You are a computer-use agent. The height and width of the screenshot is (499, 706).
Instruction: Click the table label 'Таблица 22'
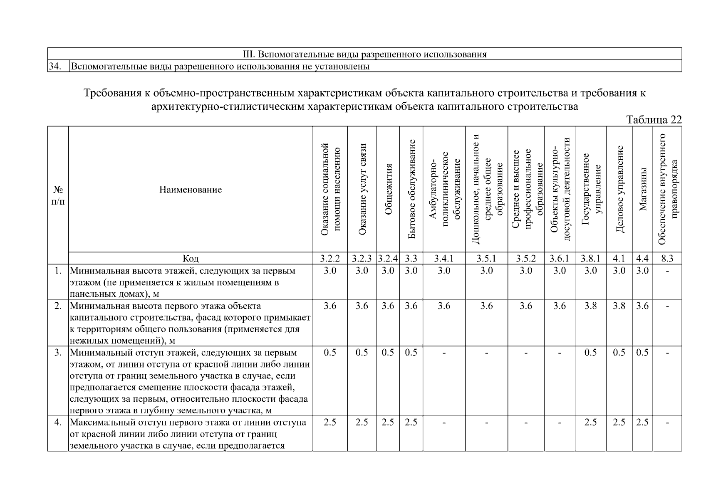[x=654, y=120]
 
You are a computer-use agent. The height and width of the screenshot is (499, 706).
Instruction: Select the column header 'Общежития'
[x=388, y=189]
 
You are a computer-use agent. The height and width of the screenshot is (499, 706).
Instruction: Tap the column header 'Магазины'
[x=643, y=189]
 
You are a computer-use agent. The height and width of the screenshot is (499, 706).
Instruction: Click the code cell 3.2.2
[x=330, y=259]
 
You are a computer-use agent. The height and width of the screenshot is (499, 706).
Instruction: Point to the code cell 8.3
[x=667, y=259]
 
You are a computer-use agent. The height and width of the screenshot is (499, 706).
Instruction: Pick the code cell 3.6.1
[x=560, y=259]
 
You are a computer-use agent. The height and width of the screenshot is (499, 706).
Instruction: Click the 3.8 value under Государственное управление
[x=590, y=306]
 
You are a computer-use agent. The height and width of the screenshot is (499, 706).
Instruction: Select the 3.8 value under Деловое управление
[x=619, y=306]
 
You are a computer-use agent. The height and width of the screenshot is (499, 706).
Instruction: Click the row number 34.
[x=55, y=67]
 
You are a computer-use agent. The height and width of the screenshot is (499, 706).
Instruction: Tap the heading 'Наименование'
[x=191, y=190]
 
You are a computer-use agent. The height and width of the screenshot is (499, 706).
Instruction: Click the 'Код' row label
[x=191, y=259]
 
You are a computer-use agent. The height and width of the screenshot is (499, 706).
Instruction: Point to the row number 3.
[x=58, y=353]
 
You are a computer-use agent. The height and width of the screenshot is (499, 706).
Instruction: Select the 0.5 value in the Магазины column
[x=642, y=353]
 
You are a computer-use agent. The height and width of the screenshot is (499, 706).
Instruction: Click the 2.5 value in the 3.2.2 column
[x=330, y=422]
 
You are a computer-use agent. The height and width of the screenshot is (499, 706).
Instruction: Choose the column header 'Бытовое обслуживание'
[x=411, y=189]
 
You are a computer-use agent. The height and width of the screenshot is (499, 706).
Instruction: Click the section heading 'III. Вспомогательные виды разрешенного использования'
[x=364, y=54]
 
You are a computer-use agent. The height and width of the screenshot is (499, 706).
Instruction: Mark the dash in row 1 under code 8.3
[x=667, y=271]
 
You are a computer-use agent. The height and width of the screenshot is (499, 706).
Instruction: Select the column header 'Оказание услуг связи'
[x=362, y=189]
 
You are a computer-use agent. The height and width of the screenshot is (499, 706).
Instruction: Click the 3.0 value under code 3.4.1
[x=444, y=271]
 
